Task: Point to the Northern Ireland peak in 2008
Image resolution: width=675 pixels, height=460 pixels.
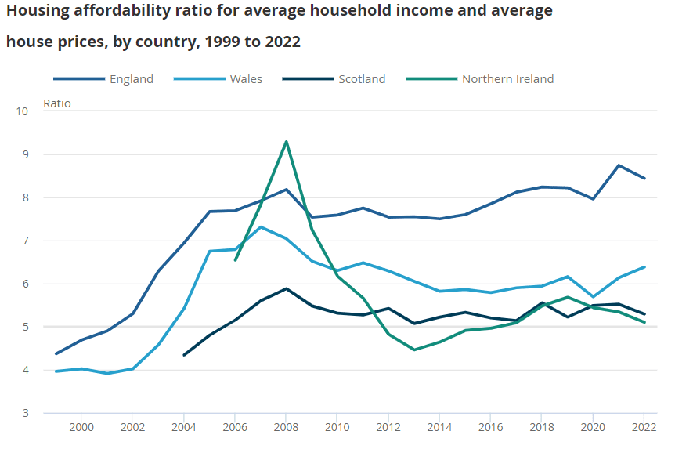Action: pyautogui.click(x=287, y=142)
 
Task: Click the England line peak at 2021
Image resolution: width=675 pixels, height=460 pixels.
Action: pyautogui.click(x=619, y=165)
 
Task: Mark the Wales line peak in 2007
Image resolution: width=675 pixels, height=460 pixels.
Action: pyautogui.click(x=261, y=227)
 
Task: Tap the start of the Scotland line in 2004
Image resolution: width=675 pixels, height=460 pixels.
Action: pyautogui.click(x=184, y=355)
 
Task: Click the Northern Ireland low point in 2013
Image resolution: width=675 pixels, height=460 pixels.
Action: pyautogui.click(x=414, y=350)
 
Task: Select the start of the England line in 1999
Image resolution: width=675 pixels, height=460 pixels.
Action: pyautogui.click(x=56, y=353)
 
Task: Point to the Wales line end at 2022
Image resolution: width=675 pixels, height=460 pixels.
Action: pyautogui.click(x=644, y=267)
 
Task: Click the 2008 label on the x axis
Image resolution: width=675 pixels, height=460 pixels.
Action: pyautogui.click(x=286, y=427)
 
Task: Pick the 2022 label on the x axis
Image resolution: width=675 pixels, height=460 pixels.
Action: pyautogui.click(x=644, y=427)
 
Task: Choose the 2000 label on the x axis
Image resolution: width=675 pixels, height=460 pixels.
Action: pyautogui.click(x=81, y=427)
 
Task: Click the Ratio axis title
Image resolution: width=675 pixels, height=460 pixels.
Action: pyautogui.click(x=56, y=103)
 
